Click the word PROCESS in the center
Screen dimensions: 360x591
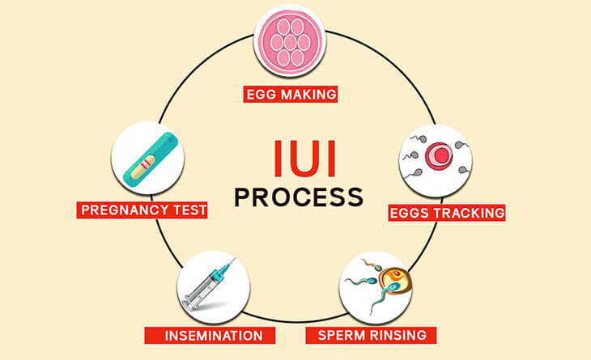coord(296,197)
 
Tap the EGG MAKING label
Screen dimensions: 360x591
coord(291,95)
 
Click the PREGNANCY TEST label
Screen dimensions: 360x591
coord(143,210)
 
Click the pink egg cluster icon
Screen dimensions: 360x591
coord(291,40)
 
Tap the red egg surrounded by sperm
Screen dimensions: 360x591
coord(437,154)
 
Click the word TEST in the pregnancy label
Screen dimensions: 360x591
coord(185,210)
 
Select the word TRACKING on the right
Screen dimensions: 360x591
coord(467,213)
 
